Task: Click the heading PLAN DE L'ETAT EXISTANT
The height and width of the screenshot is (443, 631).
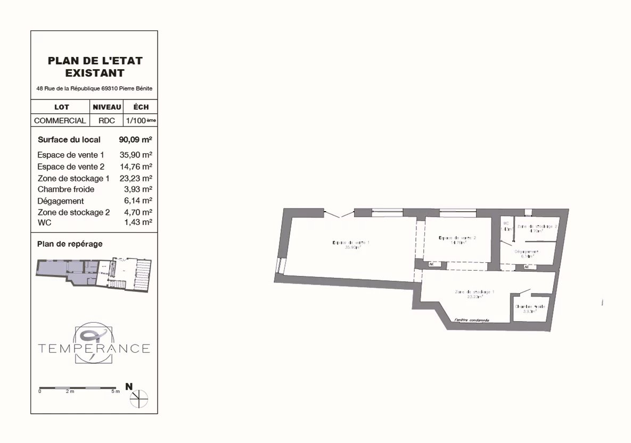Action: [95, 66]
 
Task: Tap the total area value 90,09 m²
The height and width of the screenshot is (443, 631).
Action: [135, 140]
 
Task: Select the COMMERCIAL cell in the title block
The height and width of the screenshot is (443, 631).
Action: [60, 121]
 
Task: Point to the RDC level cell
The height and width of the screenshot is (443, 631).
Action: [106, 121]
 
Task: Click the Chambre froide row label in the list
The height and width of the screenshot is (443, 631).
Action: [65, 189]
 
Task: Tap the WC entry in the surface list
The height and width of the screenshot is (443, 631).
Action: [44, 223]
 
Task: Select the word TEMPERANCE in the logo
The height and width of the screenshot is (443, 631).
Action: [94, 349]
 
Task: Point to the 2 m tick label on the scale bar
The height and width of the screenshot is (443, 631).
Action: [70, 392]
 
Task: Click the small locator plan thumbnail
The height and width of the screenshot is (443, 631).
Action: [94, 274]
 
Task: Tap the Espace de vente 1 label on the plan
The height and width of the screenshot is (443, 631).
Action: [351, 244]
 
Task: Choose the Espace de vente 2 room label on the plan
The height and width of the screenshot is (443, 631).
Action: [457, 239]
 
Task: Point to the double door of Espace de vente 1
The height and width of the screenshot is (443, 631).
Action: [339, 214]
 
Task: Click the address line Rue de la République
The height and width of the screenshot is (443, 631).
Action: [95, 88]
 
